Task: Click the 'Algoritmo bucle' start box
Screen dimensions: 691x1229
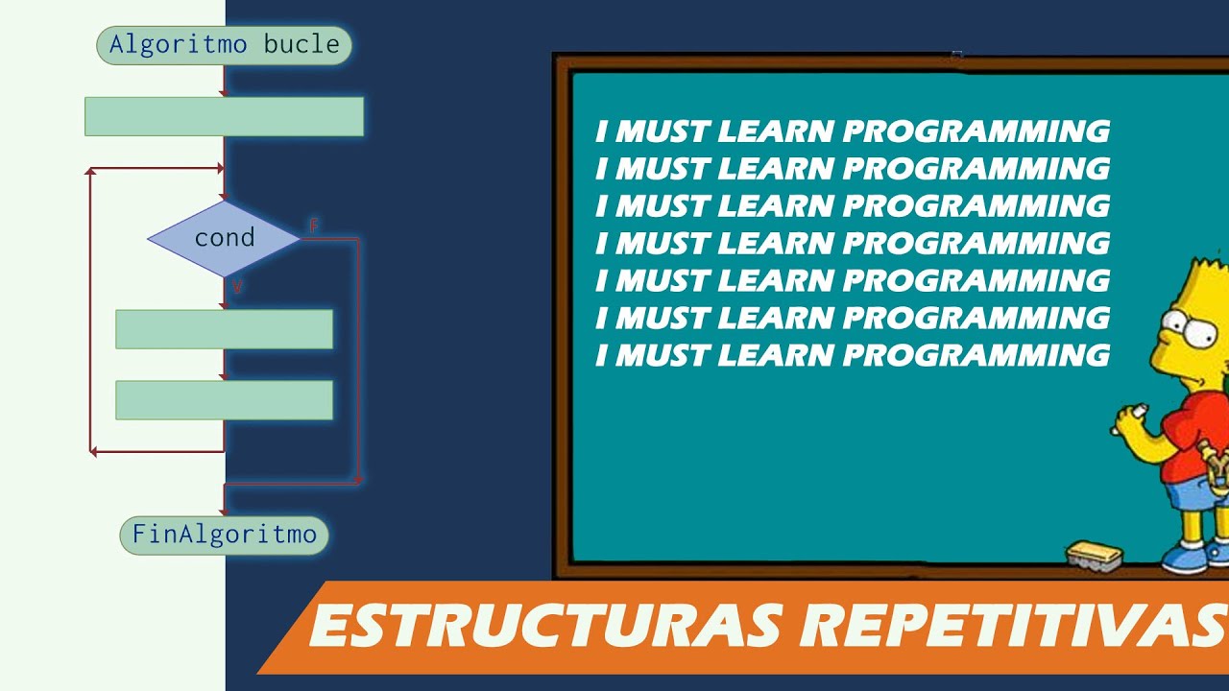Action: pos(224,45)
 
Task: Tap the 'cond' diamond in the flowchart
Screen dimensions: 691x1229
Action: pos(224,238)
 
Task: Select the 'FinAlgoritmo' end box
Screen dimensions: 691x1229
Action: pos(224,535)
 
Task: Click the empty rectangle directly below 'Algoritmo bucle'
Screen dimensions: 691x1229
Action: pos(224,116)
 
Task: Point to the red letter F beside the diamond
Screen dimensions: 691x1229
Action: pos(313,226)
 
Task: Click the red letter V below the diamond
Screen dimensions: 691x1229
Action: pos(237,287)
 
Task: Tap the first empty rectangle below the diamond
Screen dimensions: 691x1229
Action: pos(224,329)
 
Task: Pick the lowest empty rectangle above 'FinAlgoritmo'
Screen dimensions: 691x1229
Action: pos(224,400)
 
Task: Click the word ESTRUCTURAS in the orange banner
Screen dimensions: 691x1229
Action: pos(542,627)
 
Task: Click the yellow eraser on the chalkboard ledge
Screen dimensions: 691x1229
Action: pos(1096,554)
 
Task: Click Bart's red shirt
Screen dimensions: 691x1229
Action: pos(1191,437)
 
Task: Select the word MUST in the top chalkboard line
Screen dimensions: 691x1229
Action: pos(662,131)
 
